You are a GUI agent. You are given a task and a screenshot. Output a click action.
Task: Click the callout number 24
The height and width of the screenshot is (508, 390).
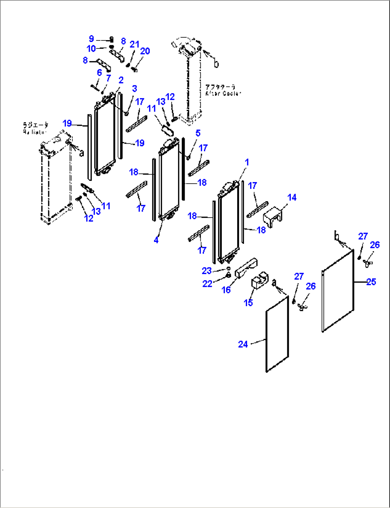pyautogui.click(x=243, y=344)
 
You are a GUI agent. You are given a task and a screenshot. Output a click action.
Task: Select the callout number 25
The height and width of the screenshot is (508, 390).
pyautogui.click(x=371, y=282)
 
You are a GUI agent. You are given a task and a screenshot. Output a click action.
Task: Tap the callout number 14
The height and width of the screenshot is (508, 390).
pyautogui.click(x=292, y=197)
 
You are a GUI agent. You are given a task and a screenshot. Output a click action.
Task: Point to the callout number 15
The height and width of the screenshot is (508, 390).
pyautogui.click(x=248, y=303)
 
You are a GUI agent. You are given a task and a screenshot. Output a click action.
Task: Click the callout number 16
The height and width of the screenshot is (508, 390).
pyautogui.click(x=226, y=290)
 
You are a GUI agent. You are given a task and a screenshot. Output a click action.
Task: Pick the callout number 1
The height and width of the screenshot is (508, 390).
pyautogui.click(x=247, y=162)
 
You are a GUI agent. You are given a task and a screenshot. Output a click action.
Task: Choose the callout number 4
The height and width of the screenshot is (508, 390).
pyautogui.click(x=156, y=240)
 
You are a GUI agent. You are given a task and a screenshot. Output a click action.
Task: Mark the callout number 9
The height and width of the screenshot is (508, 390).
pyautogui.click(x=91, y=39)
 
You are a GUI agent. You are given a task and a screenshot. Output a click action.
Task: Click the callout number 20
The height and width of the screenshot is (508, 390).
pyautogui.click(x=145, y=51)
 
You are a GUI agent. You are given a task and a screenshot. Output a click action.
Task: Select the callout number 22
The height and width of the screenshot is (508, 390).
pyautogui.click(x=207, y=284)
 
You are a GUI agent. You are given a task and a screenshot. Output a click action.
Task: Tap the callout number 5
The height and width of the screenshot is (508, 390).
pyautogui.click(x=198, y=133)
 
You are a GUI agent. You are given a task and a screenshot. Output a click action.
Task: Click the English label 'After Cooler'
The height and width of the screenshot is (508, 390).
pyautogui.click(x=223, y=93)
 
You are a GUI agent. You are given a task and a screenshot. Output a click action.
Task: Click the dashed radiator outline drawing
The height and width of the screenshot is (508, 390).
pyautogui.click(x=55, y=179)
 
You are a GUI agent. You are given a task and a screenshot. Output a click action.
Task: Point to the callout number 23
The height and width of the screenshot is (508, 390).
pyautogui.click(x=206, y=271)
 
